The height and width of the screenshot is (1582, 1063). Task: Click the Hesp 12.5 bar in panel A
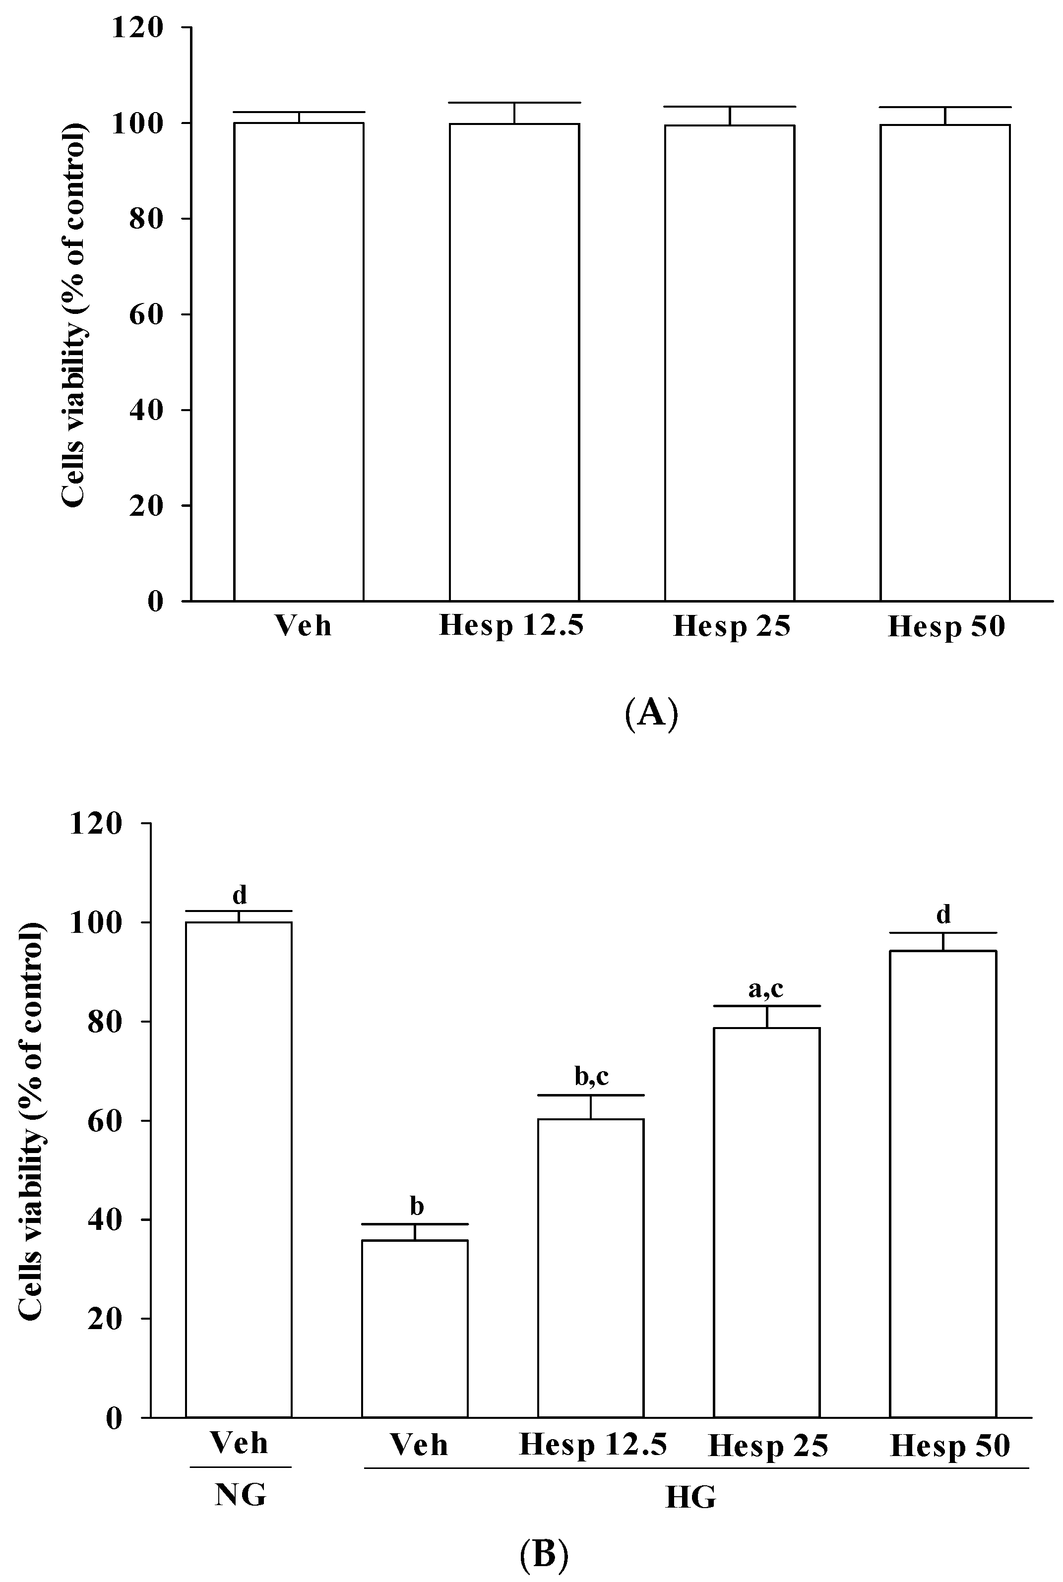point(514,363)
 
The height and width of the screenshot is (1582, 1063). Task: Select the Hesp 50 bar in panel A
point(945,363)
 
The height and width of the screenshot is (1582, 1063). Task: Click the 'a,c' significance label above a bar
point(765,989)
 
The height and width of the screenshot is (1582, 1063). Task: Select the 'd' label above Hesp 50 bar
point(943,914)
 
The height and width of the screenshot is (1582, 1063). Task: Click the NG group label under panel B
point(241,1495)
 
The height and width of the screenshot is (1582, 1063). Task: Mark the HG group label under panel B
point(690,1497)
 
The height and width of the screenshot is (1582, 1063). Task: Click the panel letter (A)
point(651,713)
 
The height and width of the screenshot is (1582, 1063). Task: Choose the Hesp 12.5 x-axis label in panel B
point(593,1445)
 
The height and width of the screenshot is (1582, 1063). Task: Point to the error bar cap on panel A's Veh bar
point(299,112)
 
